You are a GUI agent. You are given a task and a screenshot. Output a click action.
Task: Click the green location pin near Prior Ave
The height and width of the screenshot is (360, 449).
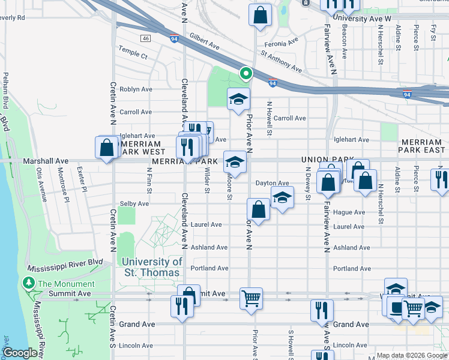click(246, 74)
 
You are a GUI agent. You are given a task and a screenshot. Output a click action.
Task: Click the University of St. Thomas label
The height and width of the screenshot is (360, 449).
click(151, 267)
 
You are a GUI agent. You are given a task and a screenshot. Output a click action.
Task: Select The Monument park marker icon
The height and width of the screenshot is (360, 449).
click(28, 283)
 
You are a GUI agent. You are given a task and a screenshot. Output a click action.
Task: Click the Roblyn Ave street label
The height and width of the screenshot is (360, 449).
click(136, 89)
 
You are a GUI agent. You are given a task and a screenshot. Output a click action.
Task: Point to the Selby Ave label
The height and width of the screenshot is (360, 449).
click(134, 204)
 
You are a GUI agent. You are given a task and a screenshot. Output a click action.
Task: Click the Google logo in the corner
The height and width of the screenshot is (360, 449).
click(20, 353)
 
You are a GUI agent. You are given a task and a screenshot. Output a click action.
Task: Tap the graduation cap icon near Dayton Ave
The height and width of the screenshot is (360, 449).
click(281, 197)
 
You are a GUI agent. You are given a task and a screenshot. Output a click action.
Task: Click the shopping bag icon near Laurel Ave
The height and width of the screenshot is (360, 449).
click(258, 209)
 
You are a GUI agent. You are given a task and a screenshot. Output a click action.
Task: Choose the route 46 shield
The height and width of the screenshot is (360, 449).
click(145, 38)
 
